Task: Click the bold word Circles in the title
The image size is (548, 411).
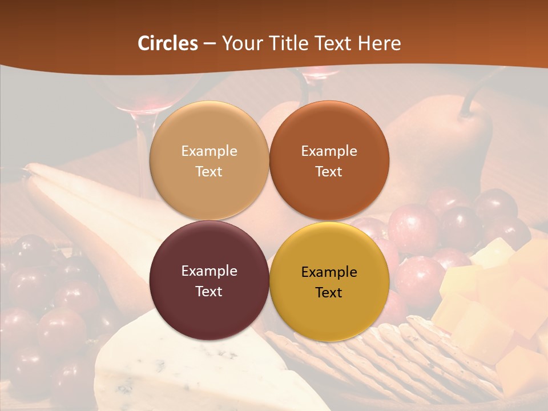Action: [168, 43]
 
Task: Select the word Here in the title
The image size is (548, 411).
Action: [379, 43]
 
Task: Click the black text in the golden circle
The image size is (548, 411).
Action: [329, 282]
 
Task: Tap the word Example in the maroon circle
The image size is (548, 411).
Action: [209, 271]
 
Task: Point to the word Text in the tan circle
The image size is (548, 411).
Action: [209, 171]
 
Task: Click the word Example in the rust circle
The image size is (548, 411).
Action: [329, 151]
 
